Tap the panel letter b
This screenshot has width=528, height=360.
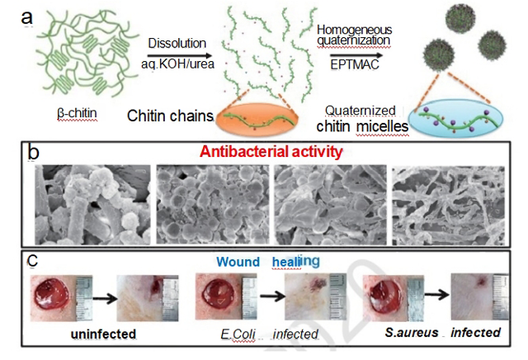(x=35, y=153)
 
